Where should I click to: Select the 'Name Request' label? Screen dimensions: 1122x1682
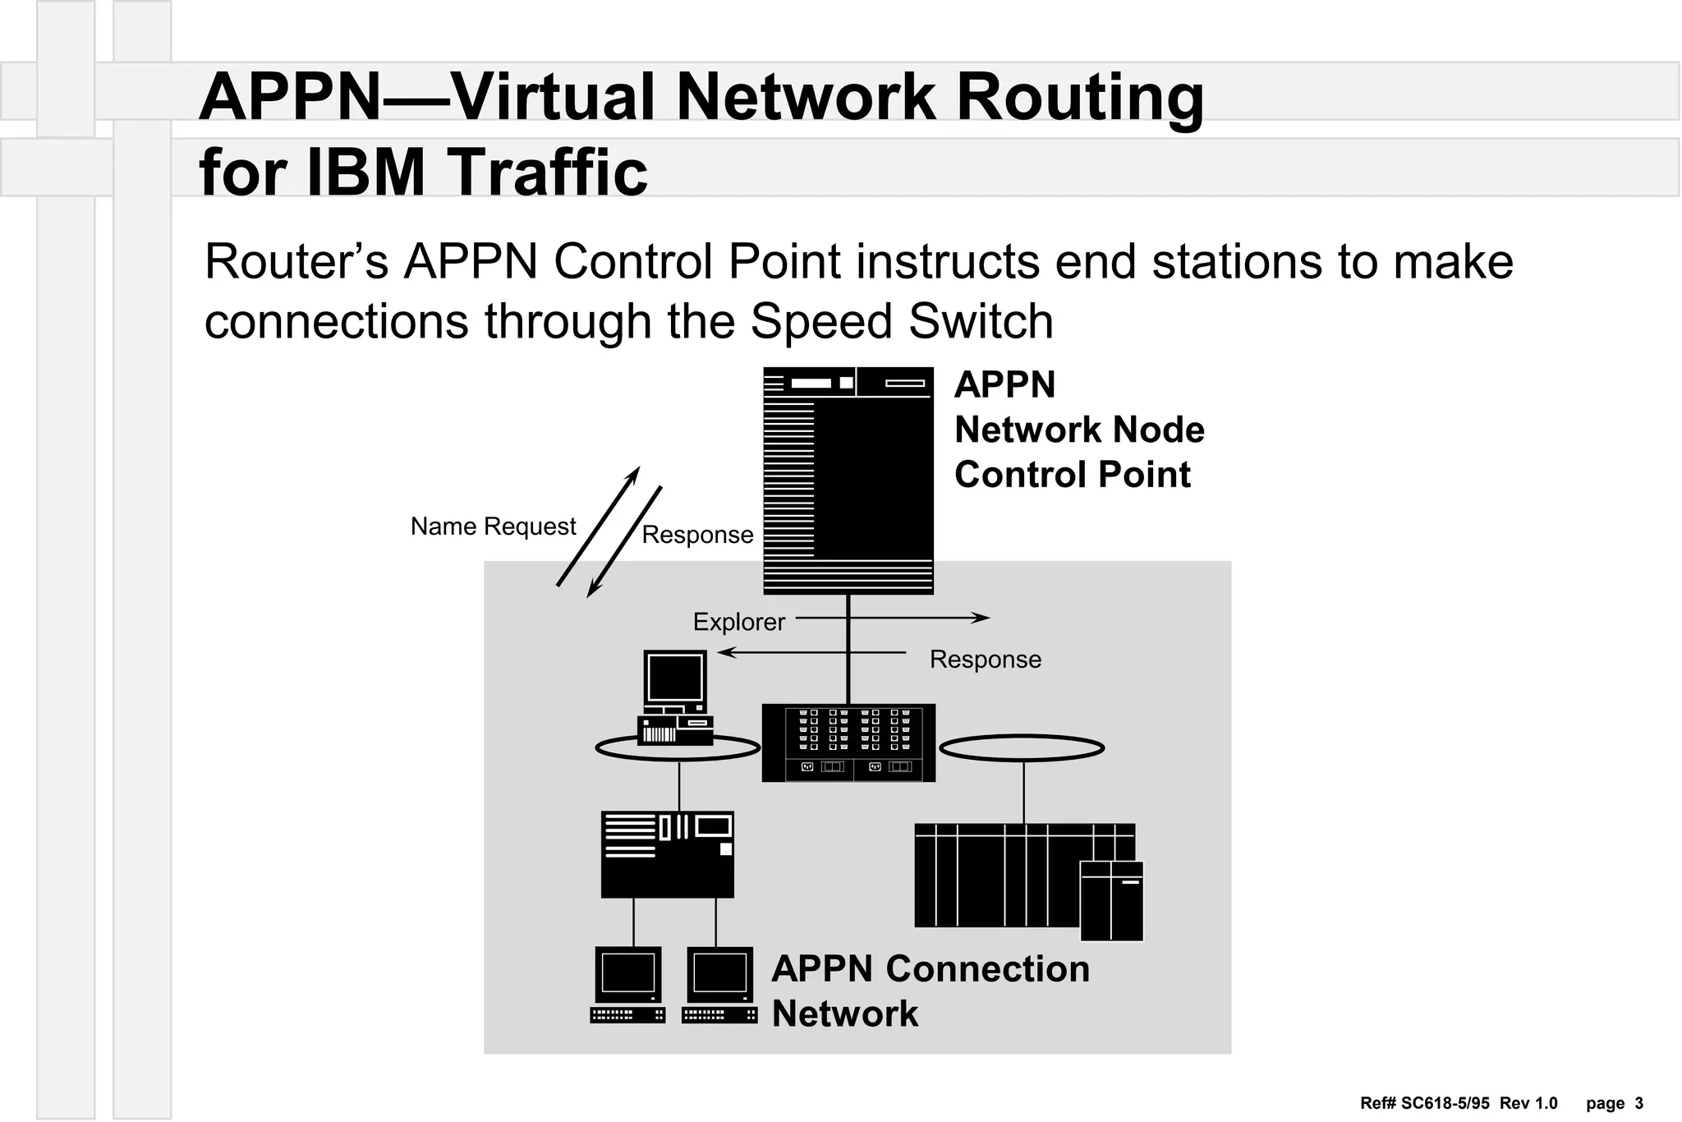493,527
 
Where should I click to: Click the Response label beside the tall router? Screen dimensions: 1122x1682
697,535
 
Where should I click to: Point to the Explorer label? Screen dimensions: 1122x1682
738,622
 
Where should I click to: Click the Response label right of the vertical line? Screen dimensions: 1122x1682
985,660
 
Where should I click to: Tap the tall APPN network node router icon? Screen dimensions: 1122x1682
848,481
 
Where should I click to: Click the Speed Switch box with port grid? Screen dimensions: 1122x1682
848,743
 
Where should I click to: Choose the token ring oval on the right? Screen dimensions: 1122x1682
1021,748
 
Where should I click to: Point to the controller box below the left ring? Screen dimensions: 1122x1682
667,854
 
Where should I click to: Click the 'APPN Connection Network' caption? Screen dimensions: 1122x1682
930,991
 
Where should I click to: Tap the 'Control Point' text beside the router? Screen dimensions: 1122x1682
1072,475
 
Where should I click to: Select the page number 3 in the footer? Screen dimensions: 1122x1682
1638,1103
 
